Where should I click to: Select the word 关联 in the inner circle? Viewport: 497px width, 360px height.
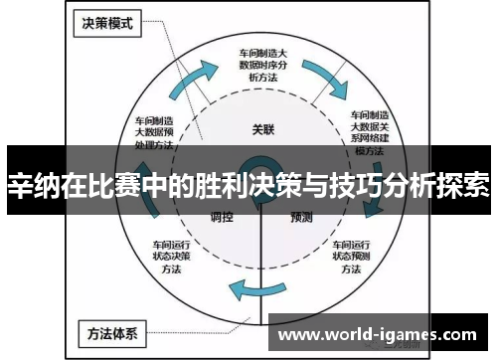261,129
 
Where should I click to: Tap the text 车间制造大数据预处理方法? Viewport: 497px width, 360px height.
155,126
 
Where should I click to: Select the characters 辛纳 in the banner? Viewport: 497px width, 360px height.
32,185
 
